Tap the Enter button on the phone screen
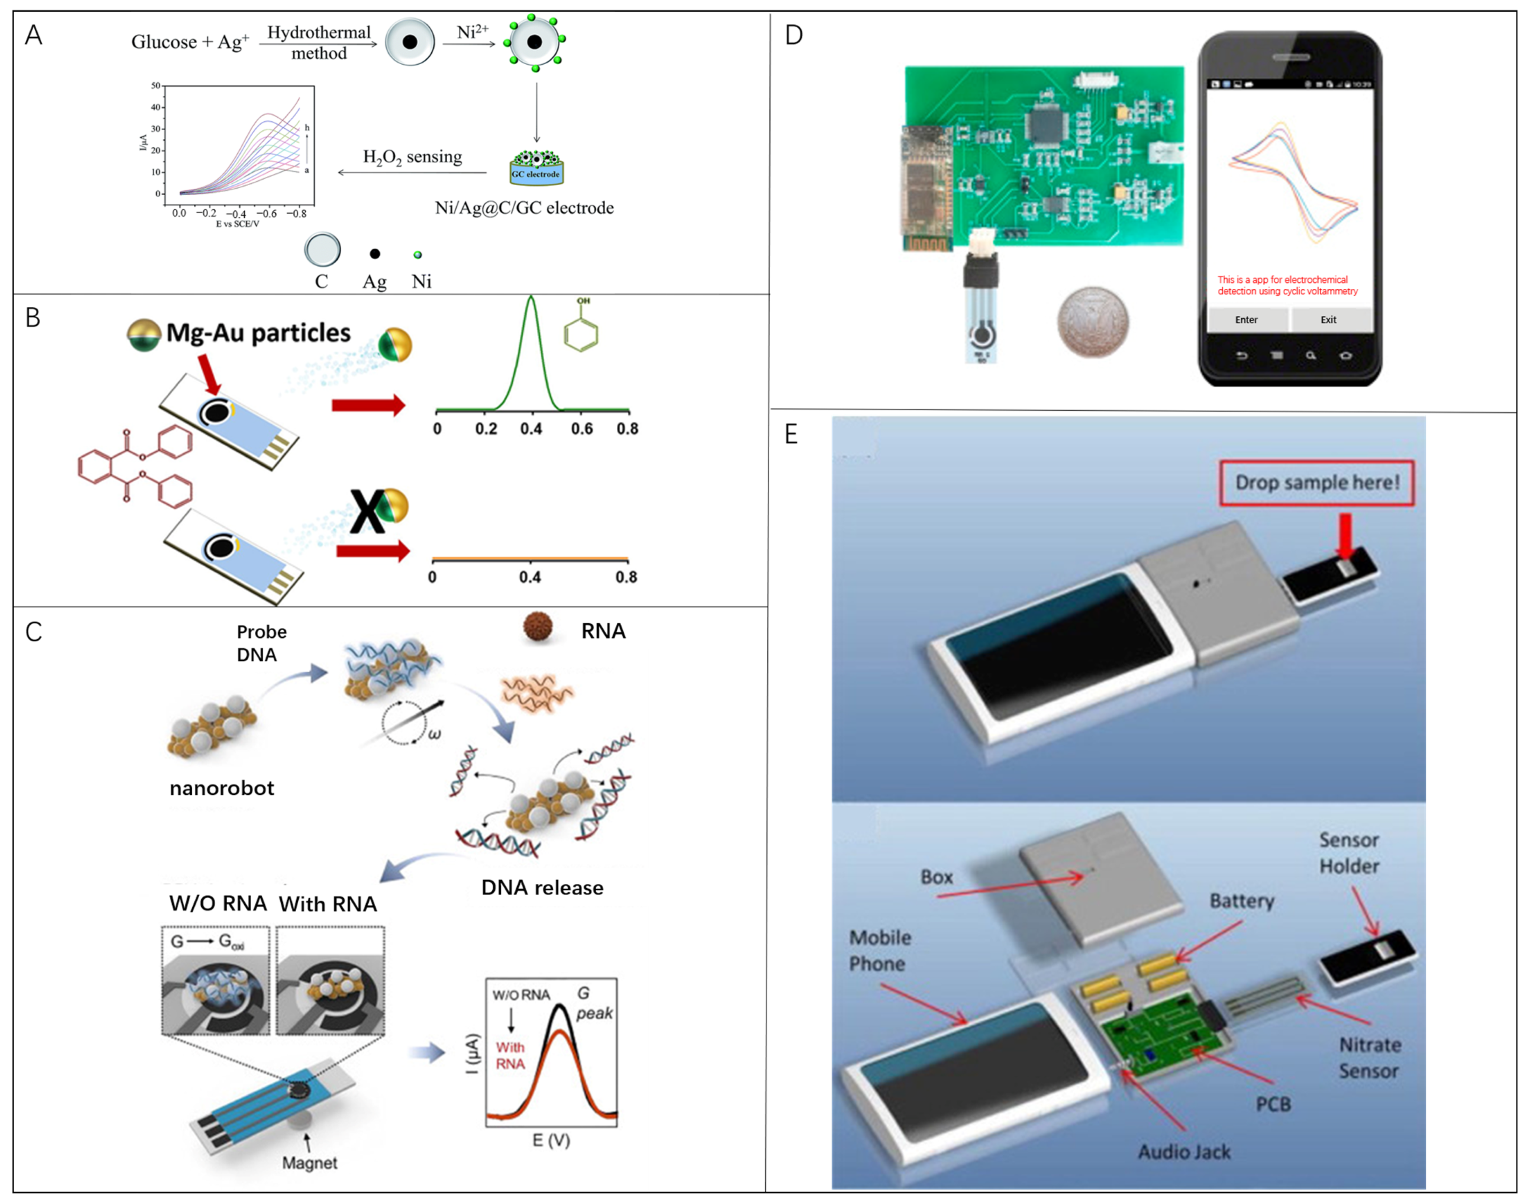point(1246,320)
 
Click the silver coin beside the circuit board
point(1093,322)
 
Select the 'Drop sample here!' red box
point(1317,483)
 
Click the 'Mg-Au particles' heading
point(258,332)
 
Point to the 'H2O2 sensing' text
point(413,157)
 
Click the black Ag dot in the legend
point(374,254)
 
